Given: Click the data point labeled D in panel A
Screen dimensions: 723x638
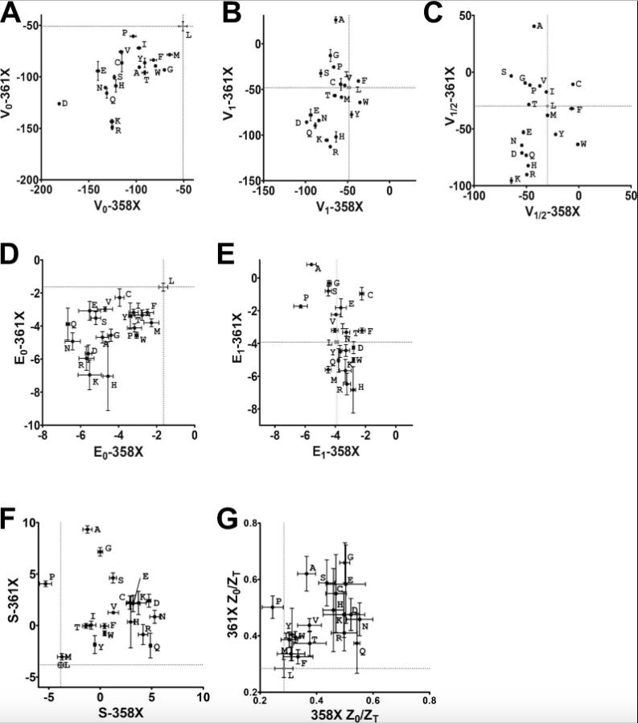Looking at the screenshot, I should [59, 103].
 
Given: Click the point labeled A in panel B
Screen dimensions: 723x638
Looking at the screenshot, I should [335, 19].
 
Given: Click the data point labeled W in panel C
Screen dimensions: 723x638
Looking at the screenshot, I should [577, 144].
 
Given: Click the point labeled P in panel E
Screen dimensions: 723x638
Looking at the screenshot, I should [300, 306].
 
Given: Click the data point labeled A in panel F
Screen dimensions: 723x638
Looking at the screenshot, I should [87, 529].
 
